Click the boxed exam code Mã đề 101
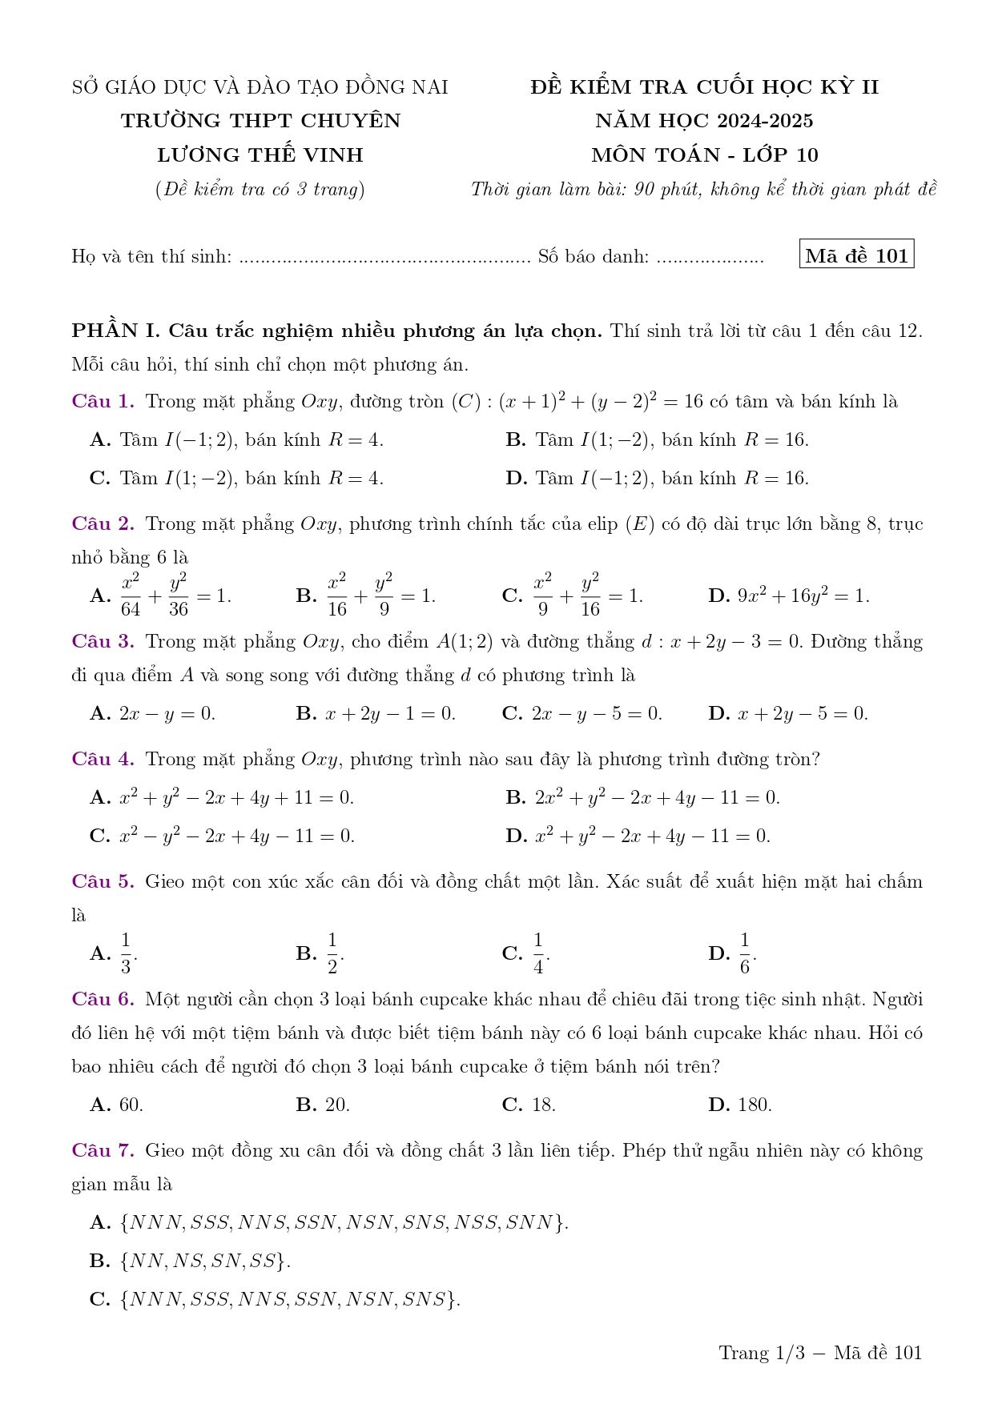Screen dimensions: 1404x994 (856, 255)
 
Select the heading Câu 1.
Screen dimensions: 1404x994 (103, 401)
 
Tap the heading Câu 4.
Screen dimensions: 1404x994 (103, 759)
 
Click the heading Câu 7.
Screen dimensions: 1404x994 (103, 1150)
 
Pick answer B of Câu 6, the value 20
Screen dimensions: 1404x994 (323, 1105)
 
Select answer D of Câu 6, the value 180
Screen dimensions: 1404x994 (740, 1105)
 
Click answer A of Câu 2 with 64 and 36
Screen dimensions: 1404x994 (160, 596)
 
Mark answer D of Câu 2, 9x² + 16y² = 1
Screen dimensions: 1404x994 (788, 596)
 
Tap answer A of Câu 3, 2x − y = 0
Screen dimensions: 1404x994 (152, 713)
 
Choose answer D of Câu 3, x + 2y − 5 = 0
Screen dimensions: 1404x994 (788, 713)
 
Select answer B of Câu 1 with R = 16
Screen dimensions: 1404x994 (657, 439)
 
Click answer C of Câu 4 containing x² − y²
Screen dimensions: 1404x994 (222, 836)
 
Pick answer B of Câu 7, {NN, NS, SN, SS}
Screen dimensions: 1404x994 (190, 1261)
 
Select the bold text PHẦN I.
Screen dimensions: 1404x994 (116, 331)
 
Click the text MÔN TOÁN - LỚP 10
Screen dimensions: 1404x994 (705, 154)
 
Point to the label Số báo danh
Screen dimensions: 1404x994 (594, 256)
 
